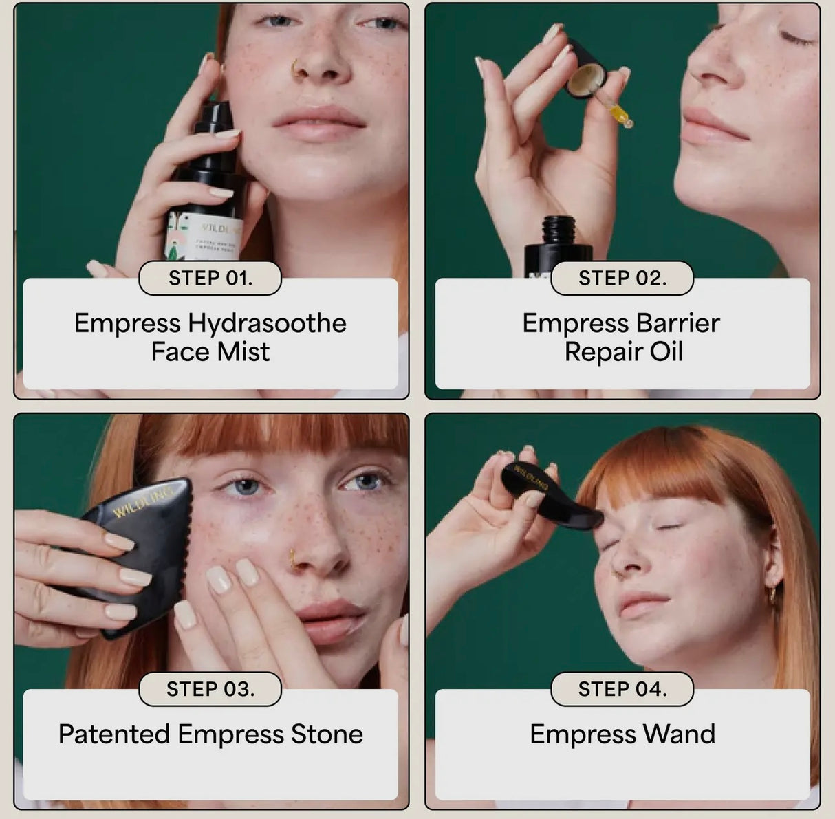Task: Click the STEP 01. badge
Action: (x=210, y=279)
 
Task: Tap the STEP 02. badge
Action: (x=622, y=279)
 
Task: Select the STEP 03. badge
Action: (x=210, y=689)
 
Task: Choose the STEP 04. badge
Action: (x=622, y=689)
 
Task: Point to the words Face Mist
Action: (x=210, y=352)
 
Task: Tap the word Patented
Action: (x=114, y=734)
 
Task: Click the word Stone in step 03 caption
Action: (x=327, y=734)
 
